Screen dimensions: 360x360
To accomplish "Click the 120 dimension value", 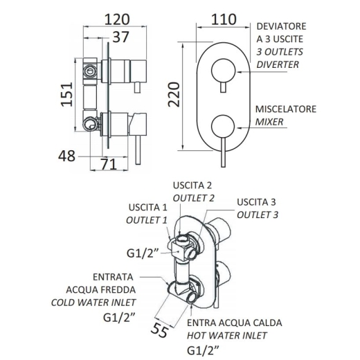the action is pyautogui.click(x=117, y=19).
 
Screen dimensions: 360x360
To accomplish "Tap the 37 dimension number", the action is pyautogui.click(x=120, y=37).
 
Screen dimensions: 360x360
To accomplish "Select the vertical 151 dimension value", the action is pyautogui.click(x=67, y=94).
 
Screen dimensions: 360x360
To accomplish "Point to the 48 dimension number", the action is pyautogui.click(x=66, y=156).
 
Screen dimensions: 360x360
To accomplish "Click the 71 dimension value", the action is pyautogui.click(x=109, y=164).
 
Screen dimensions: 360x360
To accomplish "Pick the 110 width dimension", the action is pyautogui.click(x=224, y=19).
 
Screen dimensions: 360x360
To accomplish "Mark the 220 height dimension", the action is pyautogui.click(x=174, y=94).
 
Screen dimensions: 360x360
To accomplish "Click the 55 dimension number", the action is pyautogui.click(x=159, y=330).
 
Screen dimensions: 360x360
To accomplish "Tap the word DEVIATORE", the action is pyautogui.click(x=281, y=26).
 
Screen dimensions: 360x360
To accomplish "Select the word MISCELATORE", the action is pyautogui.click(x=286, y=109).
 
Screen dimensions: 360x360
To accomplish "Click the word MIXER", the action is pyautogui.click(x=269, y=122).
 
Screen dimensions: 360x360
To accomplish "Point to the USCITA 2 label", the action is pyautogui.click(x=192, y=186).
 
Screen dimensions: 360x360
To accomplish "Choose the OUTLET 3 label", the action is pyautogui.click(x=258, y=215).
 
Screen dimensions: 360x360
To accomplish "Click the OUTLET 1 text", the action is pyautogui.click(x=147, y=220).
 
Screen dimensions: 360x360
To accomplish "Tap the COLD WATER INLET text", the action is pyautogui.click(x=93, y=303).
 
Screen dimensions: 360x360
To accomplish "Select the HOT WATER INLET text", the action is pyautogui.click(x=227, y=336).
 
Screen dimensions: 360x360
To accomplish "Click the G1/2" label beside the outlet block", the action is pyautogui.click(x=143, y=253).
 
